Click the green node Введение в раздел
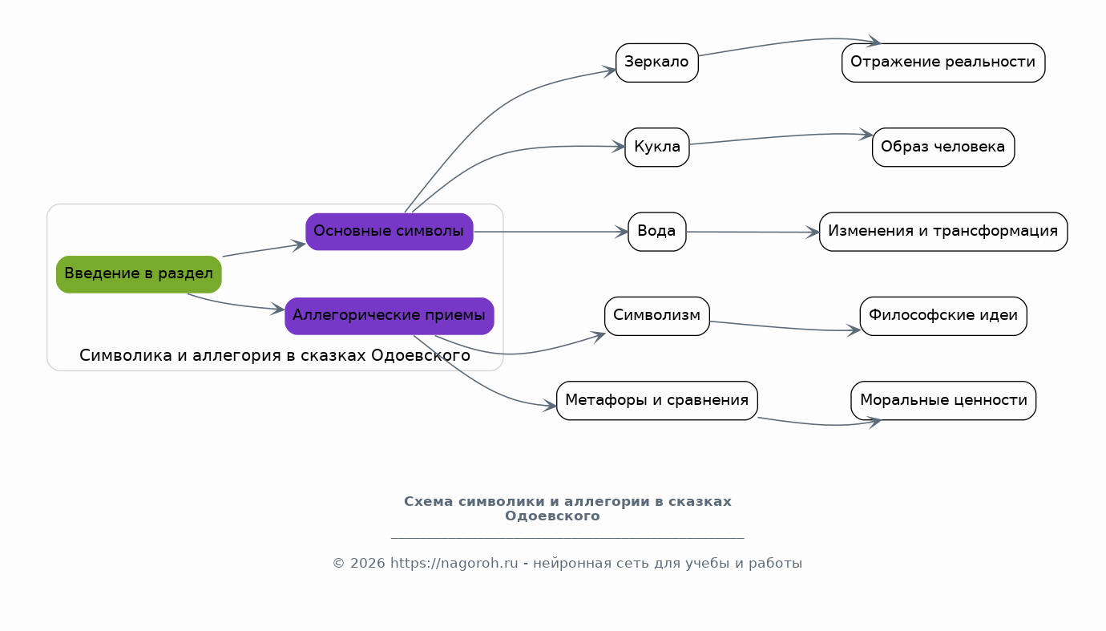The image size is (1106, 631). tap(139, 274)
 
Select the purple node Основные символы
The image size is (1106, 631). tap(389, 231)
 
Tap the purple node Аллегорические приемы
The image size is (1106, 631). tap(389, 316)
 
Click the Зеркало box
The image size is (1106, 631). tap(656, 63)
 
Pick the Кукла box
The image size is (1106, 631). tap(656, 147)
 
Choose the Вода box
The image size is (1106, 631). tap(656, 232)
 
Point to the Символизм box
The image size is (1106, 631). tap(656, 316)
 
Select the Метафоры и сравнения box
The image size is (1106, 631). tap(656, 400)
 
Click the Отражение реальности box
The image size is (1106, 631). tap(943, 63)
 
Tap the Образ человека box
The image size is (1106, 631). tap(943, 147)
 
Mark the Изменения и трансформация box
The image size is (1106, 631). tap(943, 232)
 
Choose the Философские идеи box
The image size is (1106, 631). tap(943, 316)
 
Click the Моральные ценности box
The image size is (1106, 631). tap(943, 400)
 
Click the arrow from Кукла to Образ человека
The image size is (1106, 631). tap(777, 137)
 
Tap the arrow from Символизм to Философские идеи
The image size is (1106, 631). tap(781, 328)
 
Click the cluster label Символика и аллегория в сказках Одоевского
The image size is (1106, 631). tap(275, 355)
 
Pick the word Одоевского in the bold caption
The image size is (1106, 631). tap(552, 516)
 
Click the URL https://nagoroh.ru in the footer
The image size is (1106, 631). tap(454, 564)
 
